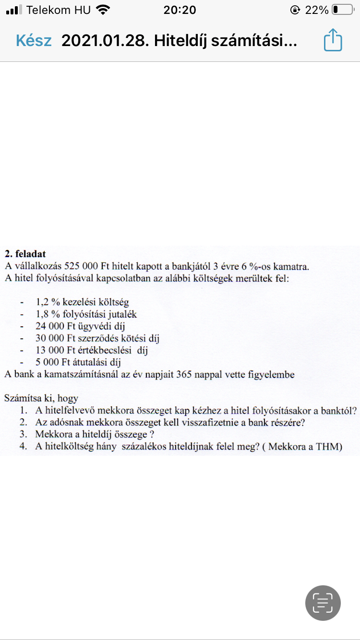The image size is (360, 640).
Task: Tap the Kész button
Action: [34, 41]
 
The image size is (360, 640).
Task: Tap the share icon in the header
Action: [333, 40]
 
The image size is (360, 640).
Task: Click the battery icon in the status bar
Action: [342, 10]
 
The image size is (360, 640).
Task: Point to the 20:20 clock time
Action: [180, 10]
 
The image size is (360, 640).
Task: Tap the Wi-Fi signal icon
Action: [103, 10]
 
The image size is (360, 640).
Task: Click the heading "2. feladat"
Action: [25, 254]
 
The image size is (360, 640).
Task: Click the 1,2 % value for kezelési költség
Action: [47, 303]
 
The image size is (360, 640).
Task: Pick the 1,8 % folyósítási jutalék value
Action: [47, 315]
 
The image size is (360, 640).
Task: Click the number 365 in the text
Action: [185, 375]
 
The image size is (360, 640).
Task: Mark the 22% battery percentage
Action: [317, 10]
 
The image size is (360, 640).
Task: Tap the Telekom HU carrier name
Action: [59, 10]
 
